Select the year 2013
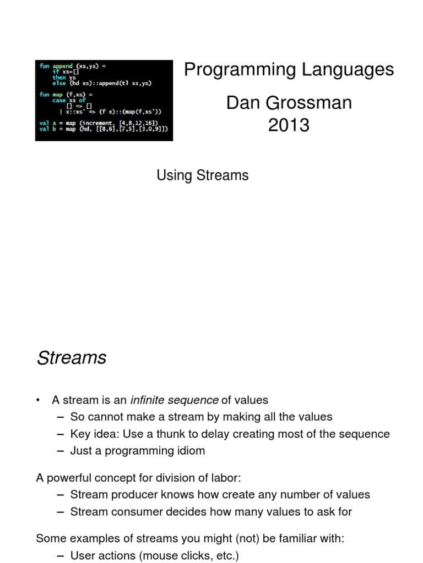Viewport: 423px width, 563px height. click(289, 126)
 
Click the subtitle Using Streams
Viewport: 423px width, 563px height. click(202, 175)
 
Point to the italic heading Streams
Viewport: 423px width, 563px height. click(71, 358)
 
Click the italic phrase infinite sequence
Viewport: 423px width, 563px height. click(174, 400)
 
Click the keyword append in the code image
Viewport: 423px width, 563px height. click(62, 66)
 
